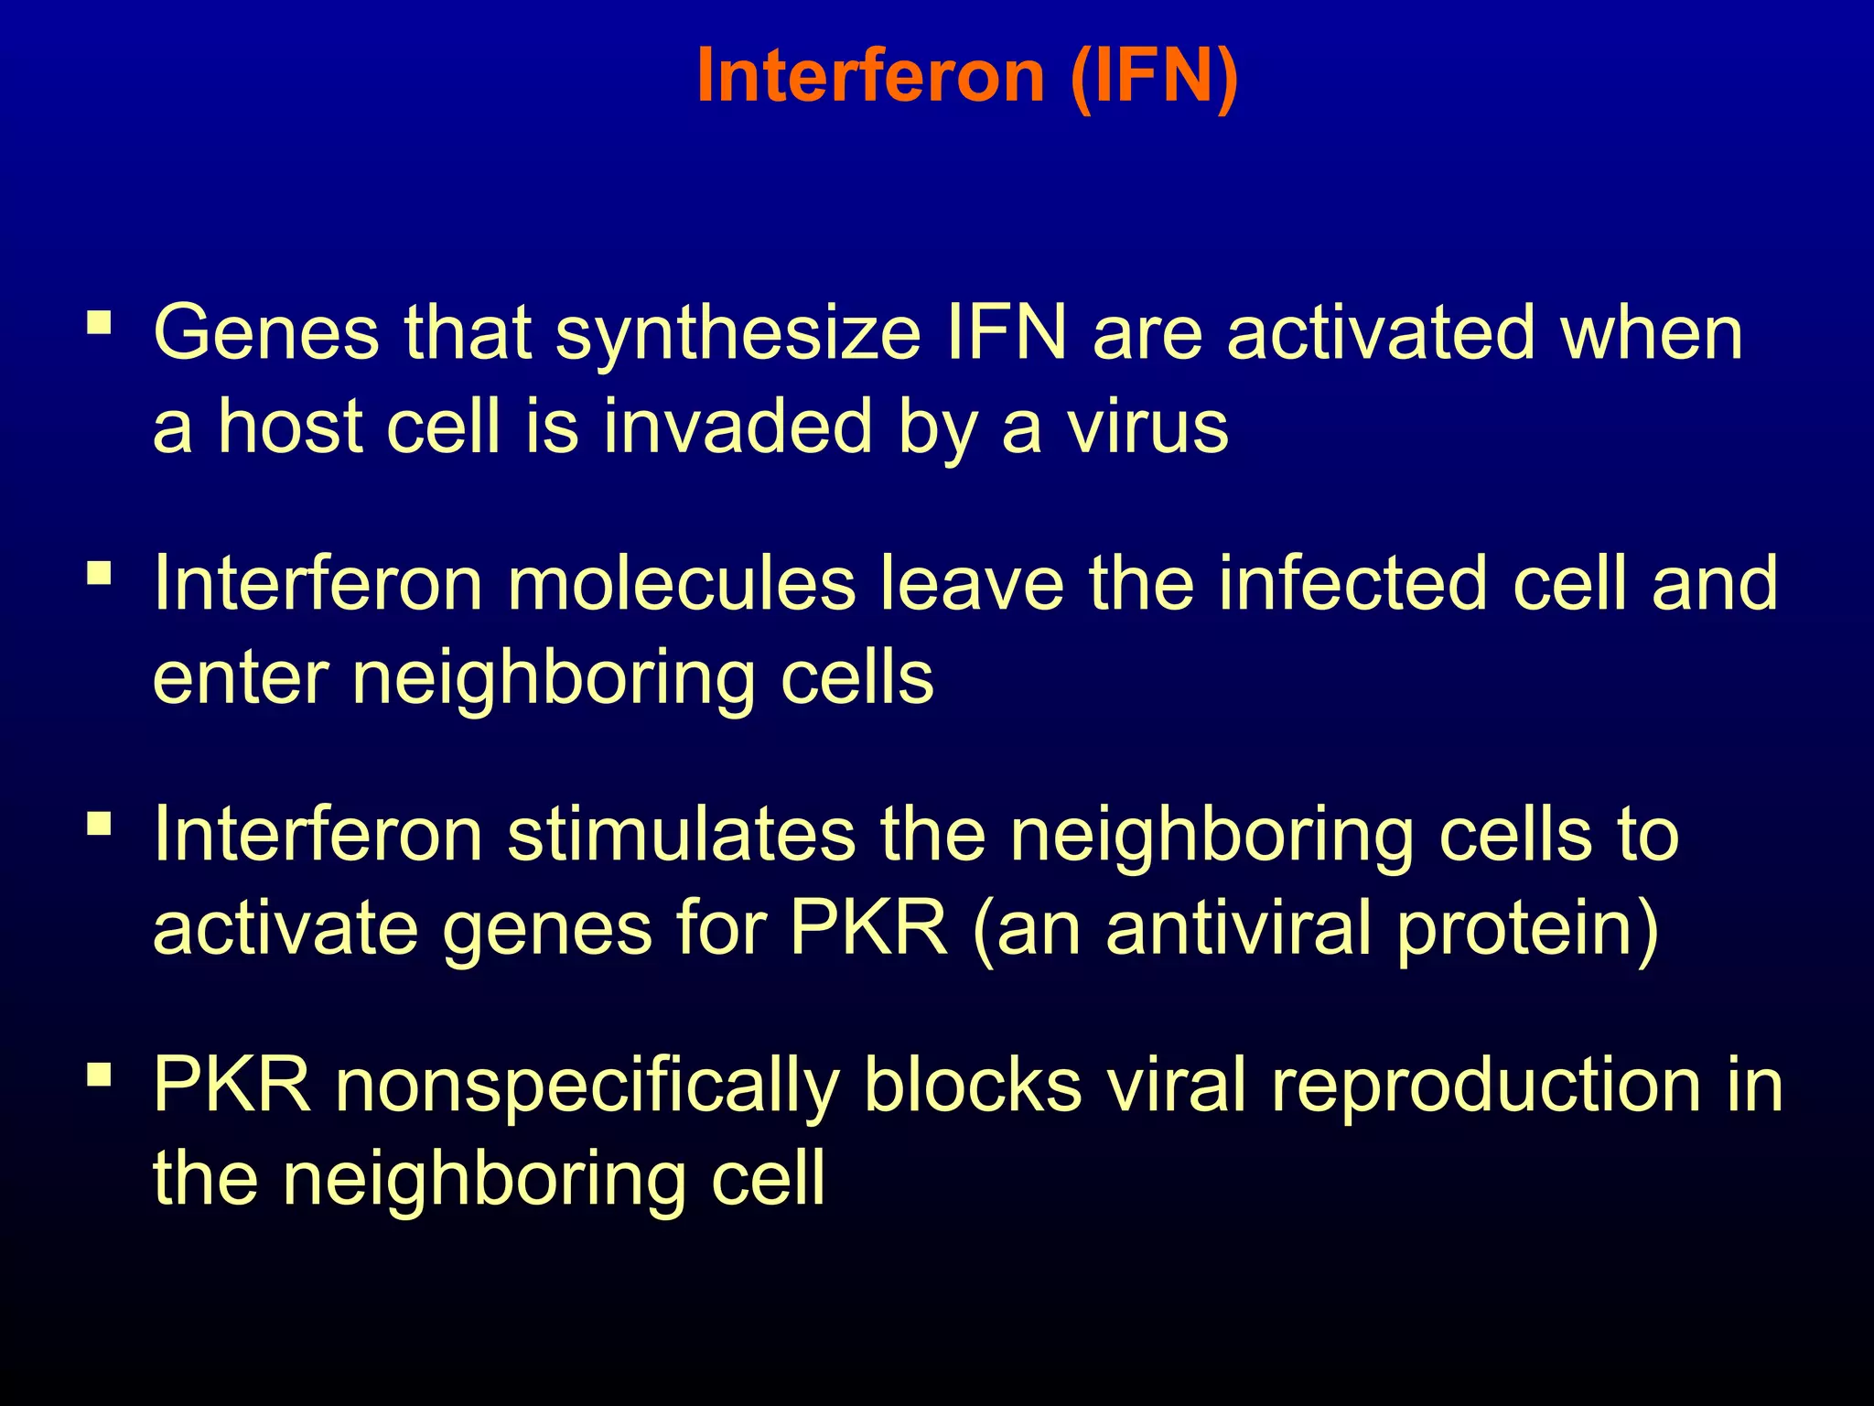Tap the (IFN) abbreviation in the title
click(1154, 77)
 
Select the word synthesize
click(738, 334)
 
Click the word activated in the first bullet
click(1381, 332)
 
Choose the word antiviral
click(1239, 928)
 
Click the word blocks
click(973, 1085)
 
